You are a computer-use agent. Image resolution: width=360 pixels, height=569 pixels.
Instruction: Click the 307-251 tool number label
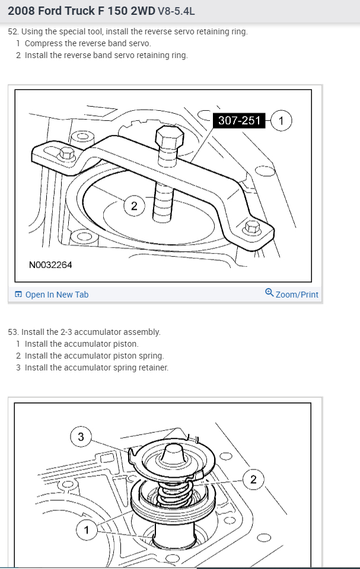click(x=239, y=120)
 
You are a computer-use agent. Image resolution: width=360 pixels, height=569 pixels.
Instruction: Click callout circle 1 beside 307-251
click(x=281, y=120)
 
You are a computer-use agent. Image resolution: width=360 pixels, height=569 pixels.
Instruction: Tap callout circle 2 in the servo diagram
click(x=134, y=206)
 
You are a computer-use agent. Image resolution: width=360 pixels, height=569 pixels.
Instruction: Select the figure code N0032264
click(x=50, y=264)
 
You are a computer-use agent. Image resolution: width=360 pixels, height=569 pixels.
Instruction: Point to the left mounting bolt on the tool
click(x=66, y=154)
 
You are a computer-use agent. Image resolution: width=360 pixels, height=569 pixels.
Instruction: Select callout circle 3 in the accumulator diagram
click(x=81, y=437)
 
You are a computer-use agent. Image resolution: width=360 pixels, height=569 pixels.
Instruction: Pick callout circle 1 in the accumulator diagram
click(x=87, y=529)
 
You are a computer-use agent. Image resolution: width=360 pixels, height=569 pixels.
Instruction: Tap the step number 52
click(x=13, y=31)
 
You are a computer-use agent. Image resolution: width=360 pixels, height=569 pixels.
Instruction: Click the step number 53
click(x=13, y=332)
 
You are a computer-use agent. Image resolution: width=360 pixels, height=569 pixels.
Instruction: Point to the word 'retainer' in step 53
click(x=153, y=367)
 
